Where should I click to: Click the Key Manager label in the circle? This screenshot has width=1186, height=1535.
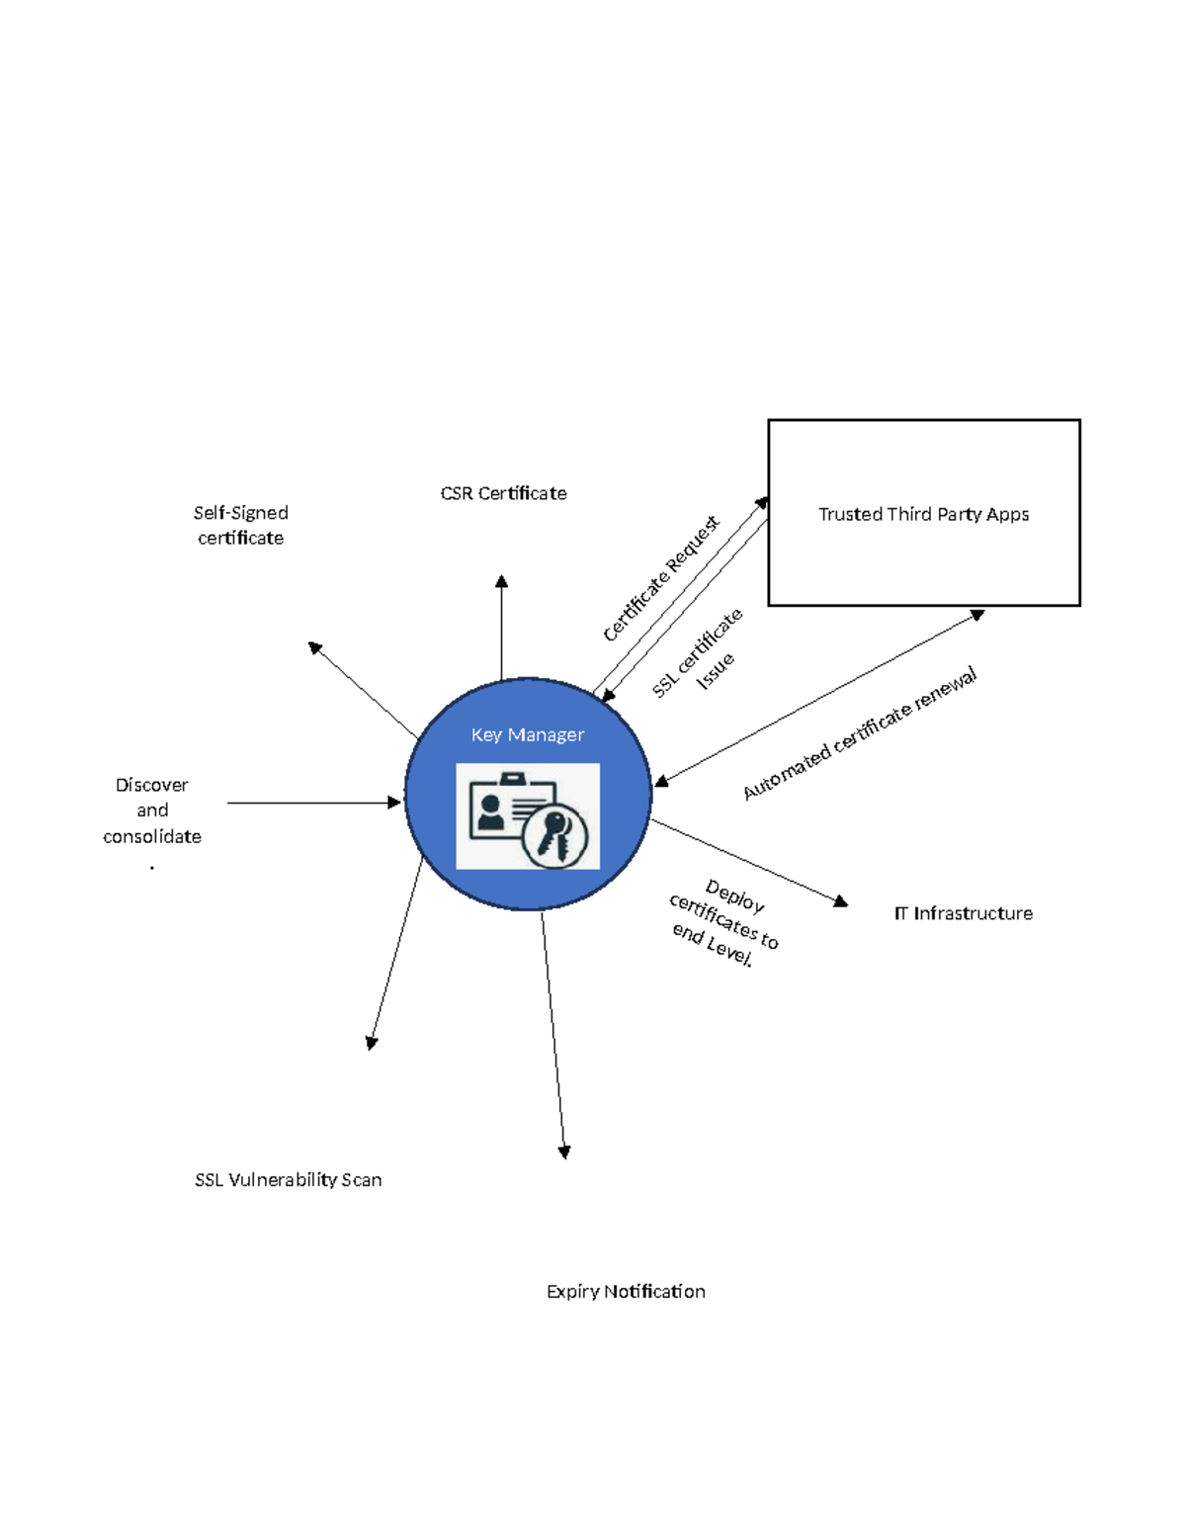(527, 734)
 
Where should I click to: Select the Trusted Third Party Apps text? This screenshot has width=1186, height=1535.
(923, 514)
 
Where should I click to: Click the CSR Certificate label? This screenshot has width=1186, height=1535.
(503, 493)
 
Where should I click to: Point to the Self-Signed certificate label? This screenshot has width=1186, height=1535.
(240, 525)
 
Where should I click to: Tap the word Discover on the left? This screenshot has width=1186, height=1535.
(151, 785)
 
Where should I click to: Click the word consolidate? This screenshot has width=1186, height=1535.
(152, 836)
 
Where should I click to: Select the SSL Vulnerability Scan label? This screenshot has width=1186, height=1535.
(288, 1179)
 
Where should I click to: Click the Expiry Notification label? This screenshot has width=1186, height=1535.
(626, 1291)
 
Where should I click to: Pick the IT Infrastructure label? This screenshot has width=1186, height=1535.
(963, 913)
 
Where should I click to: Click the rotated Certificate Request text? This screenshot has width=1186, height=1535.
(661, 578)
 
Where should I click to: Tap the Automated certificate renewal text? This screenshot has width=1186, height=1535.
(860, 732)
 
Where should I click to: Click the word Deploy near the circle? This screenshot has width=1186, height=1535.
(734, 896)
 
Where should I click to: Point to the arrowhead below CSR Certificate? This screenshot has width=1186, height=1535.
(501, 582)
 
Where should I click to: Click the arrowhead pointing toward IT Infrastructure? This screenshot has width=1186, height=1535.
(841, 900)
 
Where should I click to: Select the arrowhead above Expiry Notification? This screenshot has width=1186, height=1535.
(564, 1151)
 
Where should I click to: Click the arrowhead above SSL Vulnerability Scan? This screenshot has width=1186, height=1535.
(372, 1043)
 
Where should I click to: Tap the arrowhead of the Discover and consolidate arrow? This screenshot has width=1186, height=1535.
(394, 803)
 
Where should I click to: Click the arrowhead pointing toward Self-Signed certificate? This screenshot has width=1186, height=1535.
(314, 647)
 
